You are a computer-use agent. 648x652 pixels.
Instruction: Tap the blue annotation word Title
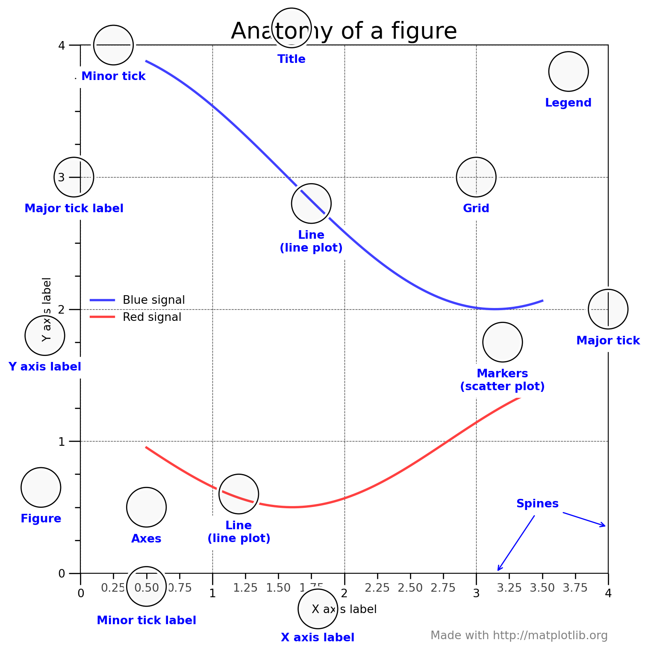click(x=292, y=59)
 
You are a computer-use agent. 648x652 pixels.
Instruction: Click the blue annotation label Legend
click(x=568, y=103)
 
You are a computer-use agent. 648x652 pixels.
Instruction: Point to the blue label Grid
click(x=476, y=208)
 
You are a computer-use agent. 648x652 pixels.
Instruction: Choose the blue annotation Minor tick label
click(x=146, y=620)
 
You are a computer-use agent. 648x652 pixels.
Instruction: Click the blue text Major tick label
click(x=74, y=208)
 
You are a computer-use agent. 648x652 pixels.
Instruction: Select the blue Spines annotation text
click(x=537, y=504)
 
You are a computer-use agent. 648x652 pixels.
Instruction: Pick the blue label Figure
click(x=41, y=519)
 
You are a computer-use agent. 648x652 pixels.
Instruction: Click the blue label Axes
click(x=146, y=539)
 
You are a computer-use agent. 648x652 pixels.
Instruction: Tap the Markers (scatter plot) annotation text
click(x=502, y=380)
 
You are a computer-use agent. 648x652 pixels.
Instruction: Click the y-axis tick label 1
click(x=62, y=441)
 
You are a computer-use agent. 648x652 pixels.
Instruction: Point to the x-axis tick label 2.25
click(x=377, y=588)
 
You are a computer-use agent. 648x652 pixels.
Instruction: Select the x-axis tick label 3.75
click(x=575, y=588)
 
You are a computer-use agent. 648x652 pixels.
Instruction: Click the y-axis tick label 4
click(x=62, y=45)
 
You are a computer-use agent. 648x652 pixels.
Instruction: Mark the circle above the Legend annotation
click(x=568, y=71)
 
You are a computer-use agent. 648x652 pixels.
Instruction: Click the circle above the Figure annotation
click(x=41, y=487)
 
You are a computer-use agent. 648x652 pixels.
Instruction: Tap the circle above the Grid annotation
click(x=476, y=177)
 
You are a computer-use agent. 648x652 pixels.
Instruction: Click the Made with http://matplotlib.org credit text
click(x=518, y=635)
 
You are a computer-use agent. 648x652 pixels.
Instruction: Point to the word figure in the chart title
click(x=430, y=31)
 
